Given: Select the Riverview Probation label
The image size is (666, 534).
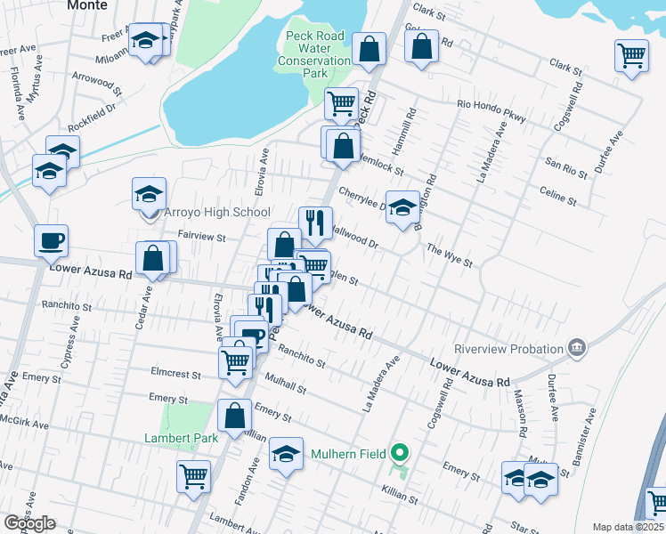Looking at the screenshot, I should pos(508,348).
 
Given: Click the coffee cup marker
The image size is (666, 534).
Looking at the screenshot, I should pos(52,239).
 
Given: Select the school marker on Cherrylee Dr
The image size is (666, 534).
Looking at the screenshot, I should pos(402,207).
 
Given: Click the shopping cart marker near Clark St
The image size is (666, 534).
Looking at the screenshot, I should pos(631,56).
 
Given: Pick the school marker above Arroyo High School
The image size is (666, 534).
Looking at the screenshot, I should pos(150,193).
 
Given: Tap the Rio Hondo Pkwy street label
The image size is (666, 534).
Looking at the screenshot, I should pos(491,105).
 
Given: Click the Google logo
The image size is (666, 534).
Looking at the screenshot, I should pos(29,523).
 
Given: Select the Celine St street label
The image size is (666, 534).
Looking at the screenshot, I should pos(558,191).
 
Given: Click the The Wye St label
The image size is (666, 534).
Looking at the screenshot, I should pos(449,256).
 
